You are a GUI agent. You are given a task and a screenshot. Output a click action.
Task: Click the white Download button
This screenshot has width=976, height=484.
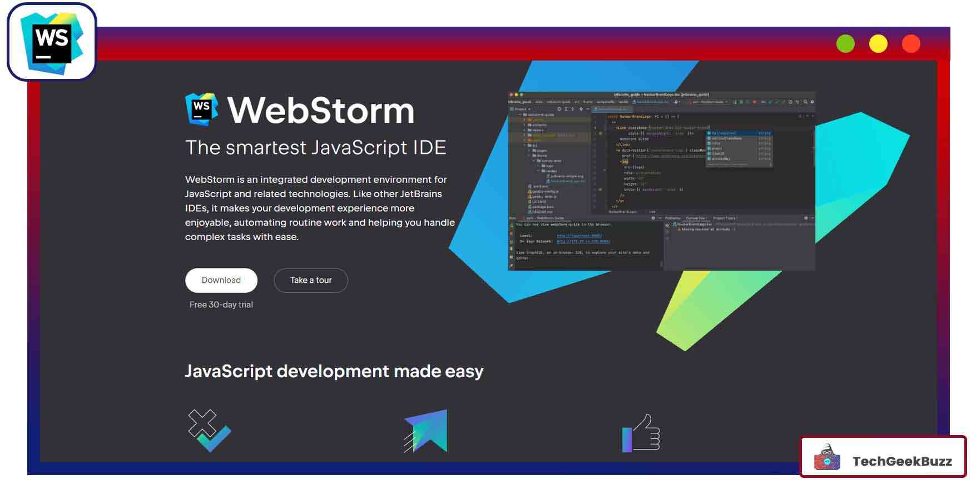point(221,280)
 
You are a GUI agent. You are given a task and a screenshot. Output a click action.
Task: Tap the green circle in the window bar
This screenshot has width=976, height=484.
point(845,43)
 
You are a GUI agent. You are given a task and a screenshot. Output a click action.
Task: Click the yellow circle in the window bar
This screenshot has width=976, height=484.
point(878,43)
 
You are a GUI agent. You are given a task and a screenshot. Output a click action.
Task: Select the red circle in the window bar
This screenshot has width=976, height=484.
point(911,43)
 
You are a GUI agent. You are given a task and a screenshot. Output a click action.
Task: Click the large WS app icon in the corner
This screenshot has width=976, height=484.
point(52,42)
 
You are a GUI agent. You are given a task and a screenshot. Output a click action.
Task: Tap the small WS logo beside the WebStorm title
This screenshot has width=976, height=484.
point(201,108)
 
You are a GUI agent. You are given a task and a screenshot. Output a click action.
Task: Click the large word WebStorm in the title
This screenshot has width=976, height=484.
point(321,111)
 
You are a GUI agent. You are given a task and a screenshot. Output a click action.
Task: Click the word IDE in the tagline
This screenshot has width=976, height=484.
point(429,148)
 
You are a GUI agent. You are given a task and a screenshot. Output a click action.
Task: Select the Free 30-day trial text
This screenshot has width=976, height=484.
point(221,305)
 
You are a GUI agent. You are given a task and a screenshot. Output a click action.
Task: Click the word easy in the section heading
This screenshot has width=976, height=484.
point(464,371)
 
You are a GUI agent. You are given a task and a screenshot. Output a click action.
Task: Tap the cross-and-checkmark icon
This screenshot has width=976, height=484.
point(209,431)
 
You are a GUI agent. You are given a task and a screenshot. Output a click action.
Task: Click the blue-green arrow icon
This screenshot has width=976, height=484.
point(426,431)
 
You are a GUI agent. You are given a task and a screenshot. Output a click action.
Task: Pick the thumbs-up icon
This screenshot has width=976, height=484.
point(641,433)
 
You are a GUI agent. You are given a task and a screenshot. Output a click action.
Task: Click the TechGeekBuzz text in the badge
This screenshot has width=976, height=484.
point(901,461)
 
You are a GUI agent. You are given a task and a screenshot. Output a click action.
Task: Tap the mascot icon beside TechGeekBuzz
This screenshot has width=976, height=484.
point(827,458)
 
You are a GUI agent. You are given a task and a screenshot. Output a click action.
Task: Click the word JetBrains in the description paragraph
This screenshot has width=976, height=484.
point(421,194)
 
